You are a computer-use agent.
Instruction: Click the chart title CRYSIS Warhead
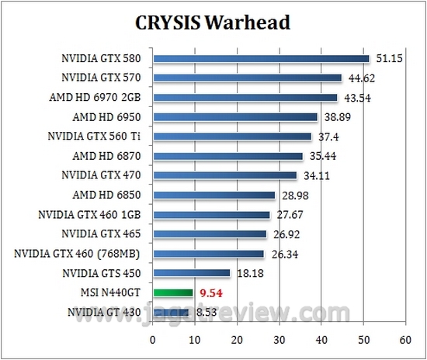click(x=213, y=22)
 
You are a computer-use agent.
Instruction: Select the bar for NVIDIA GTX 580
click(x=261, y=58)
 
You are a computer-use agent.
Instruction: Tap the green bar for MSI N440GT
click(x=173, y=292)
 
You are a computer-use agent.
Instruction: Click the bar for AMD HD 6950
click(x=235, y=117)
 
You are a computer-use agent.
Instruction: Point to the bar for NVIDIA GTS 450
click(x=192, y=273)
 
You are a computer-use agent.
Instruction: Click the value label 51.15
click(x=388, y=58)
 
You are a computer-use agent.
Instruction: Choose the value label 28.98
click(x=295, y=195)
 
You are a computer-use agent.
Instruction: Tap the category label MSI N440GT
click(x=116, y=293)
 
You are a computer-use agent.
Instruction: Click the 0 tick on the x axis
click(x=153, y=340)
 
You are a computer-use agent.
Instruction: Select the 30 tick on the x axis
click(x=279, y=340)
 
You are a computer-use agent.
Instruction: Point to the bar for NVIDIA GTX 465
click(x=210, y=234)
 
